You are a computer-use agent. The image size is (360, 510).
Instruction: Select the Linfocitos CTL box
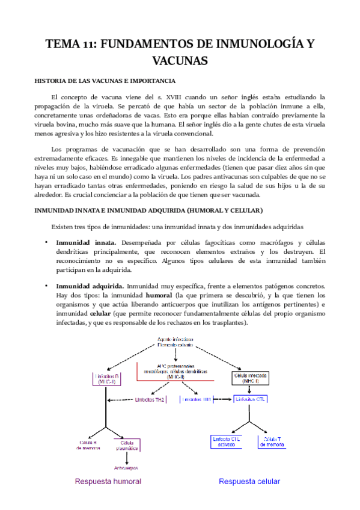(249, 399)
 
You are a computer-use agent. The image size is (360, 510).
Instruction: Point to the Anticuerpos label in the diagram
(126, 467)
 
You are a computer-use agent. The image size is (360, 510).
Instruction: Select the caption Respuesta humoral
(108, 481)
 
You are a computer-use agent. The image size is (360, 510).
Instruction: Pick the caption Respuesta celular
(249, 481)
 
